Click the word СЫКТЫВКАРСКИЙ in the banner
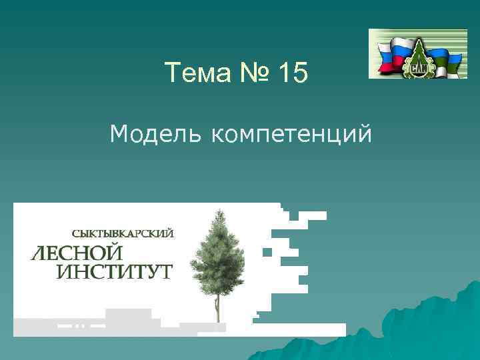(123, 233)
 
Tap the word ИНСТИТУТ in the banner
(114, 272)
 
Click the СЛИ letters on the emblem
(419, 68)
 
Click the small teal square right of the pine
(267, 252)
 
